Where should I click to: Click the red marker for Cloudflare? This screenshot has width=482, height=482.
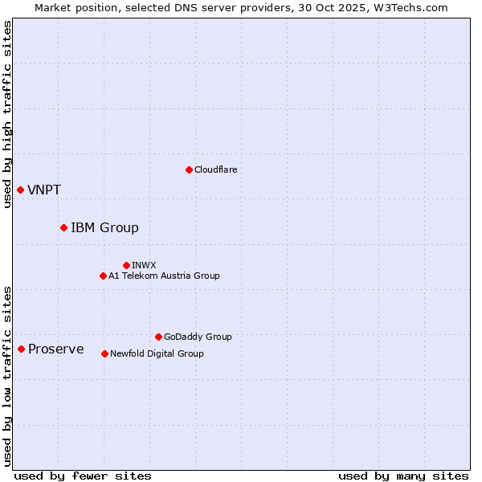tap(189, 170)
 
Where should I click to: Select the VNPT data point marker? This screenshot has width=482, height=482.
tap(20, 190)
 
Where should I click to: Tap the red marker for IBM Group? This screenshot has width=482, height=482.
tap(63, 227)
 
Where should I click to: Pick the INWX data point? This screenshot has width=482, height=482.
tap(126, 265)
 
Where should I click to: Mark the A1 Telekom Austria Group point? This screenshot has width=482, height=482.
tap(103, 276)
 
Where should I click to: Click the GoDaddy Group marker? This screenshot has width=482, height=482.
tap(158, 337)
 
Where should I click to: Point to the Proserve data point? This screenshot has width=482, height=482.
tap(21, 349)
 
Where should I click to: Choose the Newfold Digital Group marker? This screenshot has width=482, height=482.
tap(104, 353)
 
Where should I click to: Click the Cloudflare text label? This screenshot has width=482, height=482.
tap(216, 170)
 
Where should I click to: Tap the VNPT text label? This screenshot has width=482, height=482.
tap(44, 190)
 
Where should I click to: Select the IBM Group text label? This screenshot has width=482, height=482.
tap(104, 228)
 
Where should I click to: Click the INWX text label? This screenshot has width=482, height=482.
tap(145, 265)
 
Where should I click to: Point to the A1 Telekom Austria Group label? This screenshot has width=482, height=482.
tap(164, 276)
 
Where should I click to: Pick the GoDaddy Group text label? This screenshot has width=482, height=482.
tap(198, 337)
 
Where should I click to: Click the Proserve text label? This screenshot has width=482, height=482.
tap(56, 349)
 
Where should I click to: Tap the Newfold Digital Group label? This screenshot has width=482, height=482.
tap(157, 353)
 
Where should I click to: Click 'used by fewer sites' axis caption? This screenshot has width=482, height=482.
tap(83, 476)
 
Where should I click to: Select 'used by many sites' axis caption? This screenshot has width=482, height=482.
tap(403, 476)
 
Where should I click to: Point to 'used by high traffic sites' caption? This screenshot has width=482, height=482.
tap(8, 115)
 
